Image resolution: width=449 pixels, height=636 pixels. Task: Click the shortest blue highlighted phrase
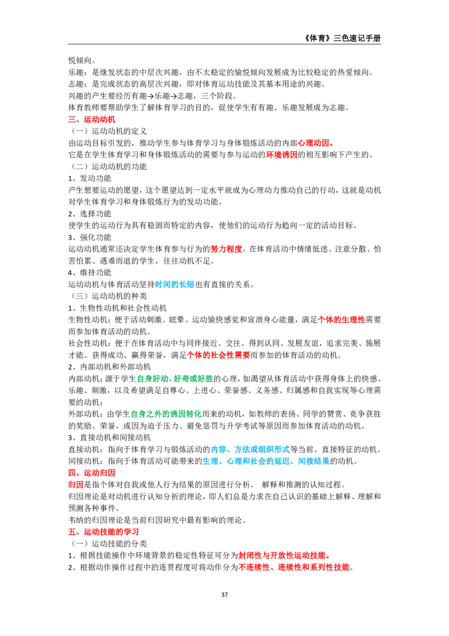pyautogui.click(x=175, y=285)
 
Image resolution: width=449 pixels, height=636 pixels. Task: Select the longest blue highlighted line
pyautogui.click(x=266, y=461)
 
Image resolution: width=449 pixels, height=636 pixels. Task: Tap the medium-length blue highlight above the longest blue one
pyautogui.click(x=251, y=449)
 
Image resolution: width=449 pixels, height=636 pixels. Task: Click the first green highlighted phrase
pyautogui.click(x=175, y=379)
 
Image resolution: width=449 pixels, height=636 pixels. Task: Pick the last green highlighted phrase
pyautogui.click(x=166, y=414)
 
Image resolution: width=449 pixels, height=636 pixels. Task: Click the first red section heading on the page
pyautogui.click(x=92, y=120)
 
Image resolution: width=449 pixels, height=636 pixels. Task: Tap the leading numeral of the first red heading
pyautogui.click(x=71, y=120)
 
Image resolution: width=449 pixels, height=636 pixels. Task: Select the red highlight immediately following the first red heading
pyautogui.click(x=316, y=143)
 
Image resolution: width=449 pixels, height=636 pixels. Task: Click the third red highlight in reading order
pyautogui.click(x=281, y=155)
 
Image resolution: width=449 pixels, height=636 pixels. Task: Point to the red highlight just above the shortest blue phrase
pyautogui.click(x=226, y=249)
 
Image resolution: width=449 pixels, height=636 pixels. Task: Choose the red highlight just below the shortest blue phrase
pyautogui.click(x=342, y=320)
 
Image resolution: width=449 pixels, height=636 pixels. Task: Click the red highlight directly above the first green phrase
pyautogui.click(x=218, y=355)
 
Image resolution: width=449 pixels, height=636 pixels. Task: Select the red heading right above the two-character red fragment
pyautogui.click(x=92, y=473)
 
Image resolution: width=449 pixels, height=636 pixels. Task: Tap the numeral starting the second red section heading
pyautogui.click(x=71, y=473)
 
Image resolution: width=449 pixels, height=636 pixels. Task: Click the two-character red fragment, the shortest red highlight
pyautogui.click(x=76, y=485)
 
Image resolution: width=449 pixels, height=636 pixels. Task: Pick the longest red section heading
pyautogui.click(x=103, y=532)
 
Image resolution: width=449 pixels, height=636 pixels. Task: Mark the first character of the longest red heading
pyautogui.click(x=71, y=532)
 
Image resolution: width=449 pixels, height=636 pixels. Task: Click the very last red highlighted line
pyautogui.click(x=294, y=567)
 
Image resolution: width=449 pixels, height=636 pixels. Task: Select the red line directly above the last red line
pyautogui.click(x=283, y=556)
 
